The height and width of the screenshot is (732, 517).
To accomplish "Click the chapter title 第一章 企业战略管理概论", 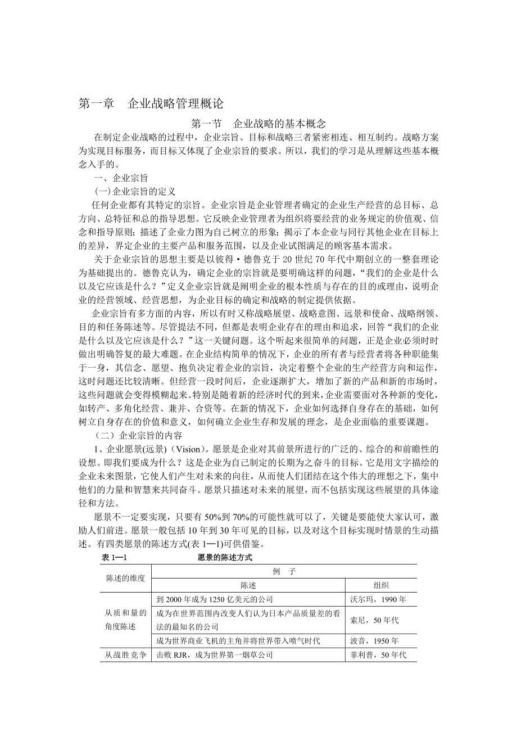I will click(x=151, y=103).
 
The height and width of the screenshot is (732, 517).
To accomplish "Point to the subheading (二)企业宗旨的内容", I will click(x=138, y=435).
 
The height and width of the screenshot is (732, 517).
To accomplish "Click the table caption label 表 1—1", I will click(x=116, y=558).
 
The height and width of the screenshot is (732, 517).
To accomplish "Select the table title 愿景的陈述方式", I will click(x=225, y=558).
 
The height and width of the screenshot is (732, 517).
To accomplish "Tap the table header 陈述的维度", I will click(x=126, y=578).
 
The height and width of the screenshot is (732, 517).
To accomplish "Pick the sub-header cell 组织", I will click(x=381, y=585).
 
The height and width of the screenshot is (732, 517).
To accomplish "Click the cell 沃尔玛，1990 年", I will click(x=381, y=599).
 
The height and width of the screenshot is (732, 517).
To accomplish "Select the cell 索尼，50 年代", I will click(x=381, y=620).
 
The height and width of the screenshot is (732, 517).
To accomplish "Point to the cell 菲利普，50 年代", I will click(x=381, y=655).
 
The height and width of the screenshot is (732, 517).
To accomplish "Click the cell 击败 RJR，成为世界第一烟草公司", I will click(x=215, y=655).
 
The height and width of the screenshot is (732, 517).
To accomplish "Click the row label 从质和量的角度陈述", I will click(x=126, y=620).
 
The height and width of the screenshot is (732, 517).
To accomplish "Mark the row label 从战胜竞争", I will click(x=126, y=655).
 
